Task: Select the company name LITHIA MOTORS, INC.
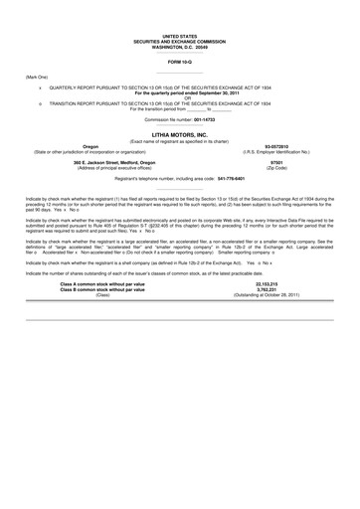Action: pyautogui.click(x=180, y=132)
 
